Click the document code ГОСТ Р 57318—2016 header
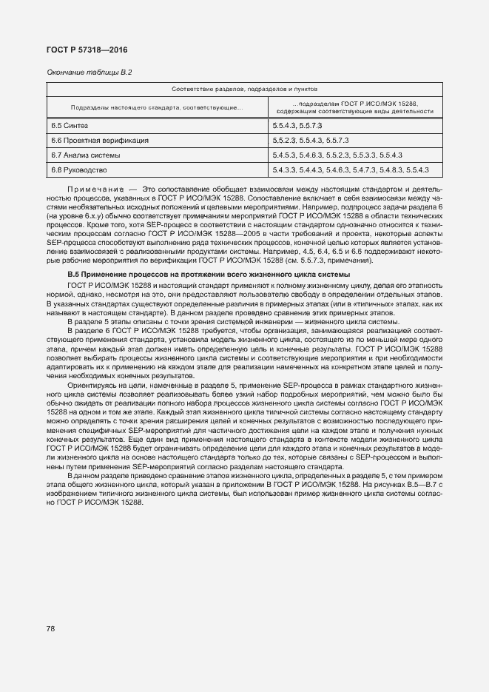(82, 50)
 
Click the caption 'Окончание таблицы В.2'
(90, 72)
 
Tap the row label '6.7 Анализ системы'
(81, 155)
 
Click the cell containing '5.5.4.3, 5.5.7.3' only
(297, 126)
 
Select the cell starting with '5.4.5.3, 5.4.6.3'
(337, 155)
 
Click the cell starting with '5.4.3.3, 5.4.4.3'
(351, 170)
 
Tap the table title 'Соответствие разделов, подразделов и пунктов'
(241, 89)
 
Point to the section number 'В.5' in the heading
(74, 275)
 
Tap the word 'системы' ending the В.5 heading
(344, 275)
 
